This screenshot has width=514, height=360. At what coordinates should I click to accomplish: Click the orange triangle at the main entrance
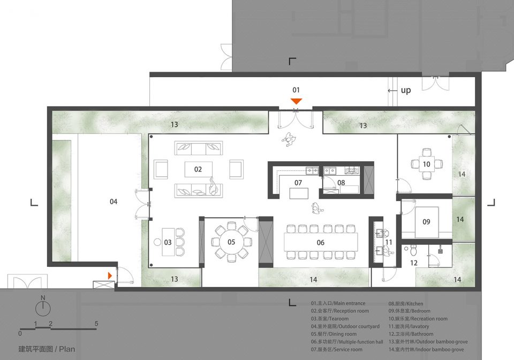(296, 101)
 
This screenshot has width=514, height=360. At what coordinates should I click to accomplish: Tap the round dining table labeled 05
(231, 242)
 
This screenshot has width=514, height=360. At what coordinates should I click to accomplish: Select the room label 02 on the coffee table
(198, 169)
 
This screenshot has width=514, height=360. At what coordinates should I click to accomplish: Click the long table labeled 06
(321, 242)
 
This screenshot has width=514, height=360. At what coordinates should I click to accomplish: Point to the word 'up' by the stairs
(406, 90)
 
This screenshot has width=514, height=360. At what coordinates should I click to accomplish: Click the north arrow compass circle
(43, 309)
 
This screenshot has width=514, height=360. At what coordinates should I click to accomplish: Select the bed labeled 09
(427, 222)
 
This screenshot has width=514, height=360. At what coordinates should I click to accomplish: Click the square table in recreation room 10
(427, 164)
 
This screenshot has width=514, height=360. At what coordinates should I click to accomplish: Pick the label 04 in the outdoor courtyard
(114, 201)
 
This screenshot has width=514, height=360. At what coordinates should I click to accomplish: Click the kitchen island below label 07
(299, 193)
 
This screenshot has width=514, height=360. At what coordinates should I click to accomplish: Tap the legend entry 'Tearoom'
(339, 319)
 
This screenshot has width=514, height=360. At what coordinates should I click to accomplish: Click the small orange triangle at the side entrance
(110, 276)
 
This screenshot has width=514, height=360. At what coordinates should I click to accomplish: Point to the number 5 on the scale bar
(96, 323)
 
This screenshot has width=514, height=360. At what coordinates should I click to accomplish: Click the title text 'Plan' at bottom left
(67, 349)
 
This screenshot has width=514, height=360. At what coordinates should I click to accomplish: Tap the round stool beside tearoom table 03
(157, 242)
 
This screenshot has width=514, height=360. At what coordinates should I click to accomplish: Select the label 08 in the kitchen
(341, 183)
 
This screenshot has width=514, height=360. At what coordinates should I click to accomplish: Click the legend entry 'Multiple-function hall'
(360, 342)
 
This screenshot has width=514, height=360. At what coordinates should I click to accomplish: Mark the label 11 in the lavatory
(389, 242)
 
